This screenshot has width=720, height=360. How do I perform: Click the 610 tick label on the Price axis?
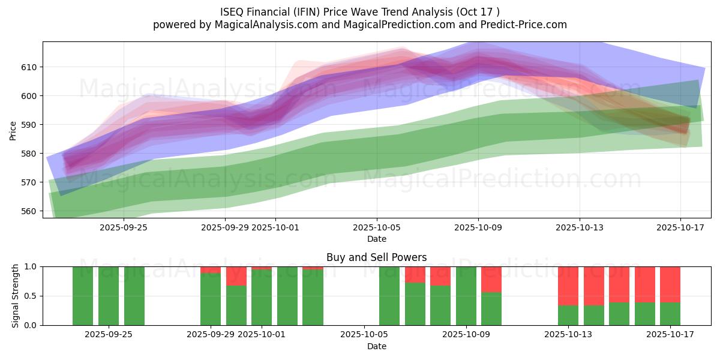pos(29,67)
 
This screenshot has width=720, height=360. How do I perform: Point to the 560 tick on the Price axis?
pos(29,211)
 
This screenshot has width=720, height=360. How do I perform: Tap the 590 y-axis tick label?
pos(29,125)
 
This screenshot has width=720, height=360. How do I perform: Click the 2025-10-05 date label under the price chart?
pos(377,227)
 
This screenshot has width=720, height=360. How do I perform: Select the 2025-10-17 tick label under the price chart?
pos(681,227)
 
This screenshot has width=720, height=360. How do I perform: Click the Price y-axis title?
pos(13,130)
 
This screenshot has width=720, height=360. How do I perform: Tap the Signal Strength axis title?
pos(16,296)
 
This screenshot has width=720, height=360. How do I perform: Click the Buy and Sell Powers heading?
pos(376,257)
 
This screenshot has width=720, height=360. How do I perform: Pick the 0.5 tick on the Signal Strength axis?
pos(29,296)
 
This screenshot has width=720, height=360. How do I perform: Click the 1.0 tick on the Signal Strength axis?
pos(29,266)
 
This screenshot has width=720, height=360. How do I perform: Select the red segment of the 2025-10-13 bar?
pos(568,286)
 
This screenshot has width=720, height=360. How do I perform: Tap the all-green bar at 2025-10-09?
pos(466,296)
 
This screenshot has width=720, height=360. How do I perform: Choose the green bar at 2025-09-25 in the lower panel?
pos(109,296)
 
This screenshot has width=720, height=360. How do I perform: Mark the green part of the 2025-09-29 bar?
pos(211,299)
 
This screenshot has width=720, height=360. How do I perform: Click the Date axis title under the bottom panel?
pos(376,346)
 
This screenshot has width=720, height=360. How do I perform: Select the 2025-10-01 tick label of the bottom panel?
pos(262,334)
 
